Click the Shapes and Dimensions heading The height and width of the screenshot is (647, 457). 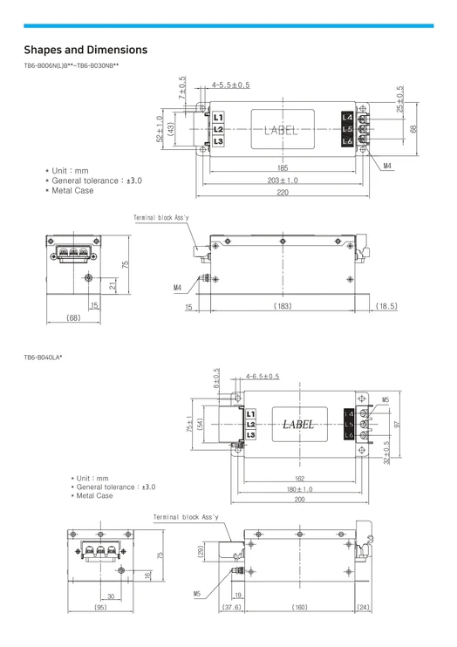pyautogui.click(x=85, y=50)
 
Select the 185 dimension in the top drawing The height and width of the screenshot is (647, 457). pyautogui.click(x=283, y=168)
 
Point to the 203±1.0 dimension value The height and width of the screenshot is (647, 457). pyautogui.click(x=283, y=180)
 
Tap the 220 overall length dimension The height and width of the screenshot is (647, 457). pyautogui.click(x=283, y=193)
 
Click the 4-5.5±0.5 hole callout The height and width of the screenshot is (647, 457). pyautogui.click(x=231, y=85)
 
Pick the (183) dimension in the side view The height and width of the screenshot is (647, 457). pyautogui.click(x=283, y=306)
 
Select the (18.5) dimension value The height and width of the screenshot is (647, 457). pyautogui.click(x=386, y=306)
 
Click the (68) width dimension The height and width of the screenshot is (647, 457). pyautogui.click(x=73, y=317)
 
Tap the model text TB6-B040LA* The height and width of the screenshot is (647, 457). pyautogui.click(x=43, y=358)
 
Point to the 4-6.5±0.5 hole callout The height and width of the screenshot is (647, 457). pyautogui.click(x=263, y=377)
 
